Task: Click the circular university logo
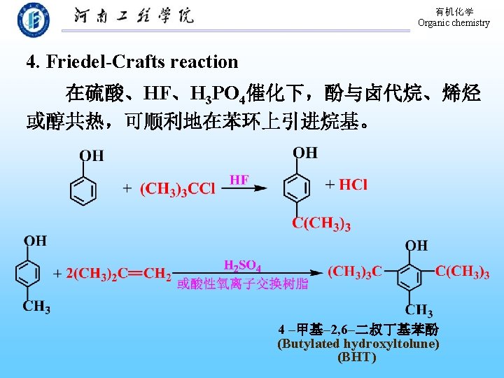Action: click(34, 20)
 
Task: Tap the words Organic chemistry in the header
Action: click(454, 23)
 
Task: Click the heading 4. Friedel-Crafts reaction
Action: click(132, 62)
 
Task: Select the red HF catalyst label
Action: click(239, 180)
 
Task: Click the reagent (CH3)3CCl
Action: click(178, 189)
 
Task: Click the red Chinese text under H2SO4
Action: click(242, 283)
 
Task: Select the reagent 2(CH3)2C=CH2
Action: click(118, 274)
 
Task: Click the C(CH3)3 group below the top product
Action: click(321, 224)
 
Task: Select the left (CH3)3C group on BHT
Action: click(355, 272)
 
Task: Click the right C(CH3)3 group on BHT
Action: click(462, 272)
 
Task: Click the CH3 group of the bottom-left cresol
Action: click(36, 307)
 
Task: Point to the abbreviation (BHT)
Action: click(357, 357)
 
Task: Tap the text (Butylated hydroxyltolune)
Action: click(358, 344)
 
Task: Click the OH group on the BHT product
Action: click(416, 245)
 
